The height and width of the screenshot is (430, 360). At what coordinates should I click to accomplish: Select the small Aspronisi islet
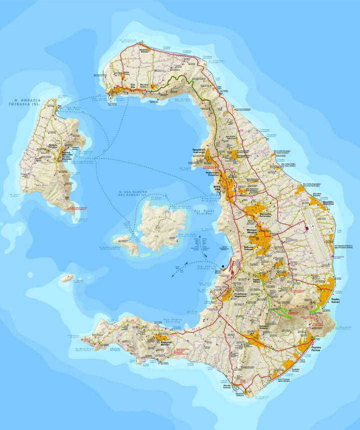point(67,277)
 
